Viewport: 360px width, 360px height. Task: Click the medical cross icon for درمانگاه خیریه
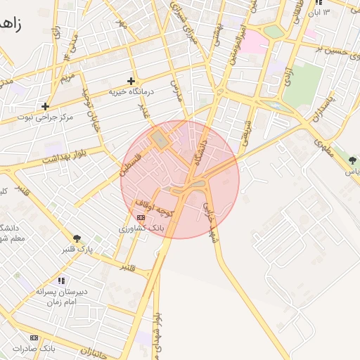click(131, 82)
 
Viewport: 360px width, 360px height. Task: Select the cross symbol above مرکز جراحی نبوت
click(46, 107)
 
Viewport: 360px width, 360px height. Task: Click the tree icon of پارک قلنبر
click(77, 238)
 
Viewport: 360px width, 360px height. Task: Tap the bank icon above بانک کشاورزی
click(141, 218)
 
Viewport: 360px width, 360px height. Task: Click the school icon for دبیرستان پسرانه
click(60, 281)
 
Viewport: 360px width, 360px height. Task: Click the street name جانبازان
click(91, 349)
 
